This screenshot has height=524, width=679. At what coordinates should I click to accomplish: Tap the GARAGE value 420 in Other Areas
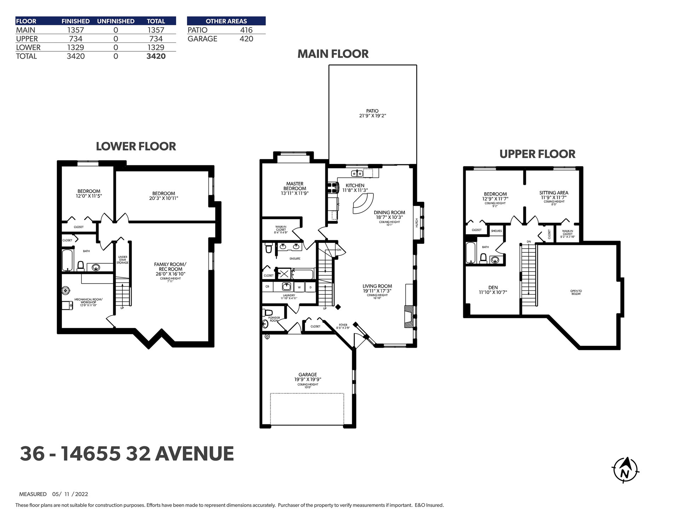[x=246, y=39]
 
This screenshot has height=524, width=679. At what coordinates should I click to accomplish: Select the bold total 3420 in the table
[x=156, y=56]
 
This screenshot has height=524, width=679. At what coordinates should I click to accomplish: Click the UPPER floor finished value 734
[x=76, y=39]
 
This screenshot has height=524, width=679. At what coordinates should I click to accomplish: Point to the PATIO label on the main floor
[x=372, y=111]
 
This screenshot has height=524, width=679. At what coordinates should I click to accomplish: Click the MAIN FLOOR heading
[x=333, y=54]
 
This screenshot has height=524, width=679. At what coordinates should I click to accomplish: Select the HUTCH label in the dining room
[x=417, y=223]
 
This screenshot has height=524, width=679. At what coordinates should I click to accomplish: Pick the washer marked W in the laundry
[x=299, y=287]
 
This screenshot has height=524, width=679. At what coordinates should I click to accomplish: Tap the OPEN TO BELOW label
[x=576, y=293]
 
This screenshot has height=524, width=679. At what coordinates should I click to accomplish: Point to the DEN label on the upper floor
[x=493, y=288]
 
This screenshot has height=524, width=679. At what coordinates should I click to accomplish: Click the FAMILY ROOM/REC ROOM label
[x=170, y=267]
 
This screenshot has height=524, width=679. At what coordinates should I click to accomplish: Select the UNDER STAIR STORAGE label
[x=123, y=260]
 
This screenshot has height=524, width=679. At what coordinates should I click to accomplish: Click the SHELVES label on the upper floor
[x=497, y=231]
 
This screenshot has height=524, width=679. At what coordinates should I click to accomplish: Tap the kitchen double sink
[x=357, y=173]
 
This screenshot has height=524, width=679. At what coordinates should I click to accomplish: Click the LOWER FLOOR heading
[x=136, y=147]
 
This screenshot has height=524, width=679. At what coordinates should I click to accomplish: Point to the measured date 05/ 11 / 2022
[x=70, y=494]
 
